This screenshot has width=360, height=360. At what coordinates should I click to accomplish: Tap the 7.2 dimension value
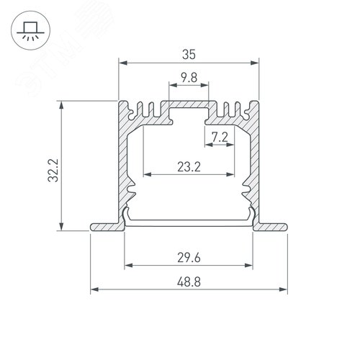[x=220, y=135]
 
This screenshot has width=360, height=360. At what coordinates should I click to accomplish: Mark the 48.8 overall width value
[x=189, y=281]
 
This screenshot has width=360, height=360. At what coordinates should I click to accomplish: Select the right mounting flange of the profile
[x=272, y=227]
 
